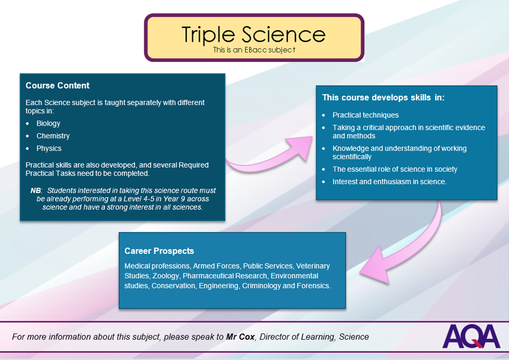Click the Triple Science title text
coord(253,35)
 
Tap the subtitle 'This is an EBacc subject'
coord(254,50)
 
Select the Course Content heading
coord(57,85)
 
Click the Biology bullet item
coord(48,123)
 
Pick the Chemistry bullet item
coord(53,136)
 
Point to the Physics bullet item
coord(49,148)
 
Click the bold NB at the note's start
coord(36,190)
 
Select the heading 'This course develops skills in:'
coord(383,98)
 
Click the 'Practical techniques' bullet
coord(365,115)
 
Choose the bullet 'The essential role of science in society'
coord(395,169)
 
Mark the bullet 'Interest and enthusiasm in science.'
coord(390,182)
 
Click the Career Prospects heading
coord(159,251)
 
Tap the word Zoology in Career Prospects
coord(166,276)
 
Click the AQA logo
coord(471,336)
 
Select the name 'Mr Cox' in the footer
coord(240,337)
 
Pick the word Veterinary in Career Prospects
coord(313,266)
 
